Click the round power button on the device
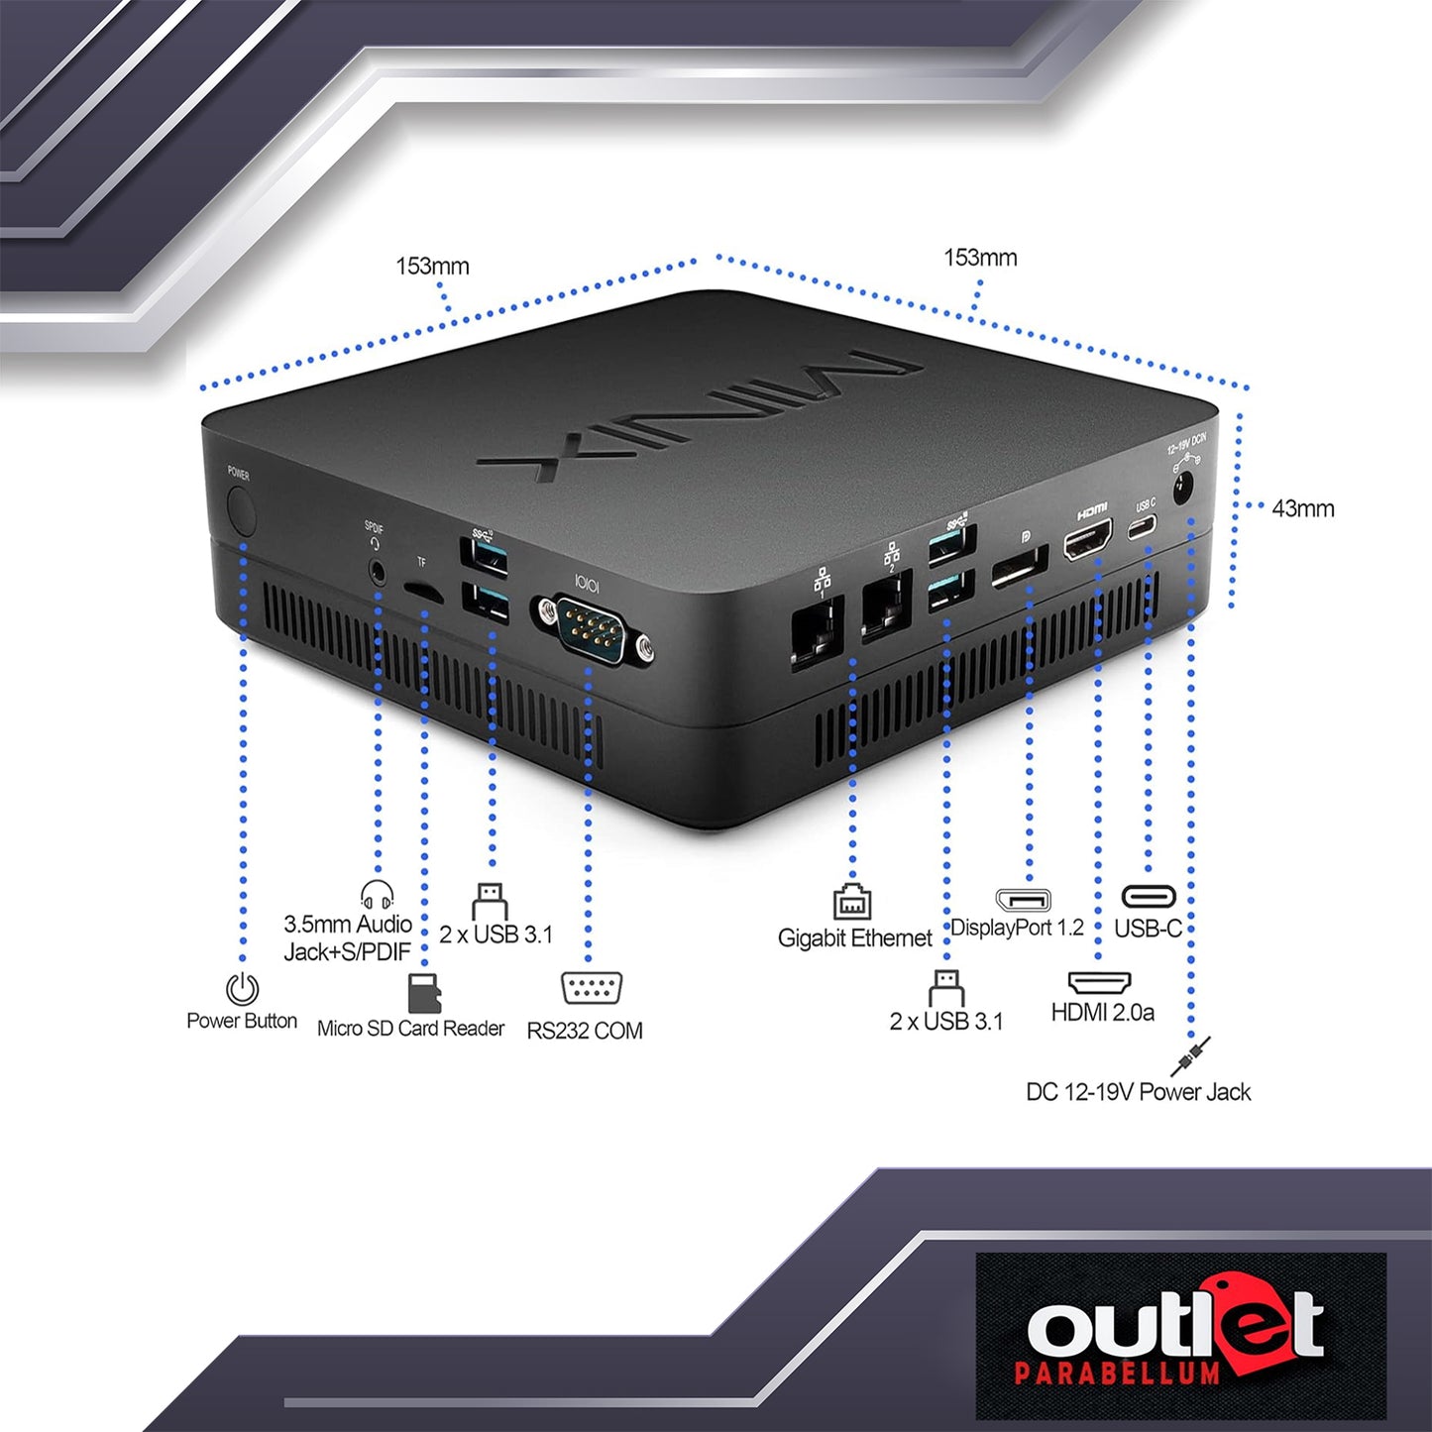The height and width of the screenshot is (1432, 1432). pos(242,510)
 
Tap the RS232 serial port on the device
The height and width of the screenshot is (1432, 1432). pos(593,630)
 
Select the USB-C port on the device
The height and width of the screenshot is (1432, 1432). pos(1143,527)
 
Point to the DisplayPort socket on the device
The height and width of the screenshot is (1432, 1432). pos(1020,568)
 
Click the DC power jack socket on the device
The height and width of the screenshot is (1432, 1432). pos(1184,491)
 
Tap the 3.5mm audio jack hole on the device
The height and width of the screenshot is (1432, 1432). pos(379,572)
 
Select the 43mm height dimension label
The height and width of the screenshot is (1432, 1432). pos(1303,509)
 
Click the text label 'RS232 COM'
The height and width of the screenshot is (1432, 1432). pos(585,1031)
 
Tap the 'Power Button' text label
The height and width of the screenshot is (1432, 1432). pos(242,1021)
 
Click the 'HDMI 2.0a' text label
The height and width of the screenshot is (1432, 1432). pos(1102,1012)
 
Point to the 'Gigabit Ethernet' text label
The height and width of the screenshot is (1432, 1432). pos(854,938)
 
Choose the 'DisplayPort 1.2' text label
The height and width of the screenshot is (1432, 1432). pos(1018,928)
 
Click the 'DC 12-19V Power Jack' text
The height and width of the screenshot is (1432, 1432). pos(1138,1092)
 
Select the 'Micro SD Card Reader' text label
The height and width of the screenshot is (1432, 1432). pos(411,1028)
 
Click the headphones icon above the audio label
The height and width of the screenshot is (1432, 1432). pos(377,895)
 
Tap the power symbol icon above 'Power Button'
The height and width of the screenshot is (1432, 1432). pos(242,988)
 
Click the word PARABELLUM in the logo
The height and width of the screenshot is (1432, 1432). pos(1117,1372)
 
